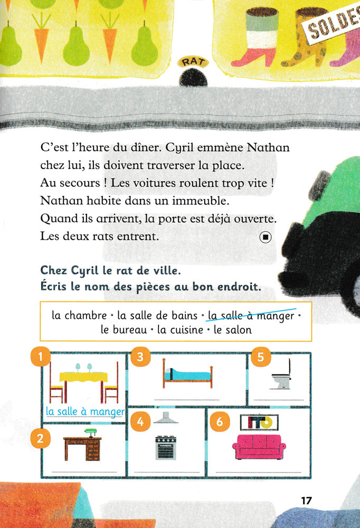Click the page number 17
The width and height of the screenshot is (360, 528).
pos(307,500)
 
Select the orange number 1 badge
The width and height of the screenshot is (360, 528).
pos(41,357)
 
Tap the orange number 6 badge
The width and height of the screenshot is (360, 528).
pos(220,421)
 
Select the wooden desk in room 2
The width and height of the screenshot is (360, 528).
pos(83,449)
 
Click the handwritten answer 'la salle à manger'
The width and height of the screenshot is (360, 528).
pos(85,411)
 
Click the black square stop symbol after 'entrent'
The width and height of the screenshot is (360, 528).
pos(265,238)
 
